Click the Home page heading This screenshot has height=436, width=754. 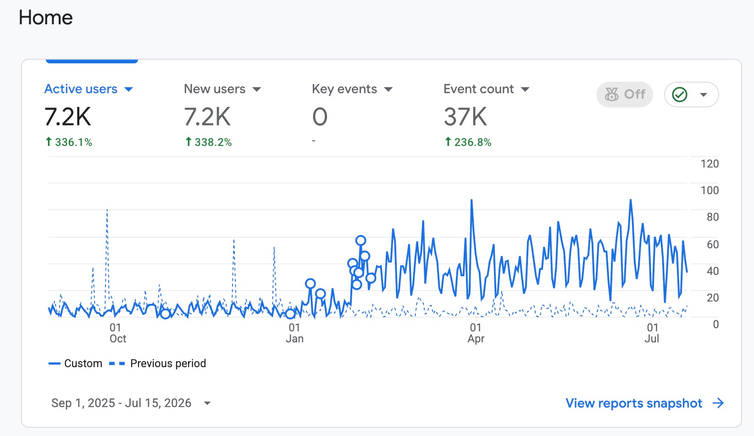[x=45, y=17]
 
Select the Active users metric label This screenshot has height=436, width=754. [x=81, y=89]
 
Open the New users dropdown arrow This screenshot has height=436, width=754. [x=256, y=89]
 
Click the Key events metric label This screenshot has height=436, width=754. [x=344, y=89]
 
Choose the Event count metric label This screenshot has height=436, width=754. [x=478, y=89]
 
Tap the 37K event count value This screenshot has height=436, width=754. [x=465, y=117]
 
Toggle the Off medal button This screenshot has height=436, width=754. [x=625, y=95]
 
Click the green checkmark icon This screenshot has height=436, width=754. [x=680, y=95]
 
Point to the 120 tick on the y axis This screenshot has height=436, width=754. [x=710, y=164]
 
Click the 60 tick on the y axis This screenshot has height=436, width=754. [x=713, y=244]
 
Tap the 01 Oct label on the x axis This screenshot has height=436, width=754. [x=117, y=333]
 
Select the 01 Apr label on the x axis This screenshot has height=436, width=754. [x=476, y=333]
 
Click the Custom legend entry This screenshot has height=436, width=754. [x=75, y=363]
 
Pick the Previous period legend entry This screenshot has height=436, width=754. [x=157, y=363]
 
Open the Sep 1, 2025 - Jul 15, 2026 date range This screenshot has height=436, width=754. [x=131, y=403]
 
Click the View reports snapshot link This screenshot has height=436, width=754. [x=644, y=403]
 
